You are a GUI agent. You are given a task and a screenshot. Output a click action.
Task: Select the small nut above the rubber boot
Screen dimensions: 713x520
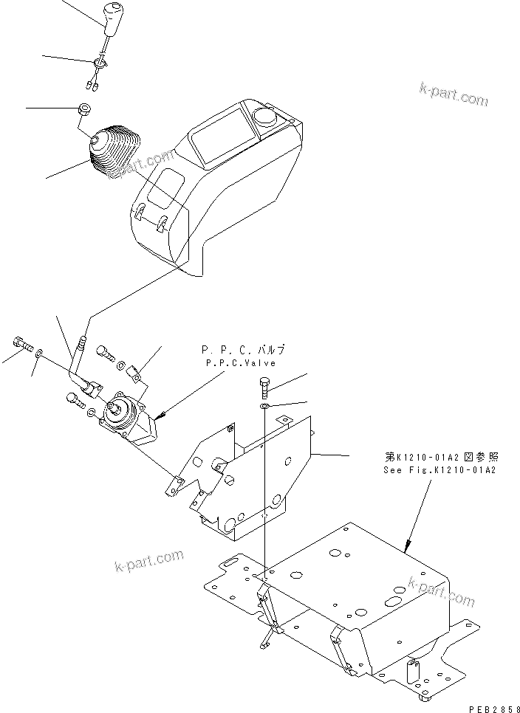[84, 110]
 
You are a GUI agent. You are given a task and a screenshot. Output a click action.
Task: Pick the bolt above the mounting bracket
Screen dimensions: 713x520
[266, 386]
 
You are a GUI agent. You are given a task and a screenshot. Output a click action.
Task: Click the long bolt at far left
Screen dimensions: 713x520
[21, 343]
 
